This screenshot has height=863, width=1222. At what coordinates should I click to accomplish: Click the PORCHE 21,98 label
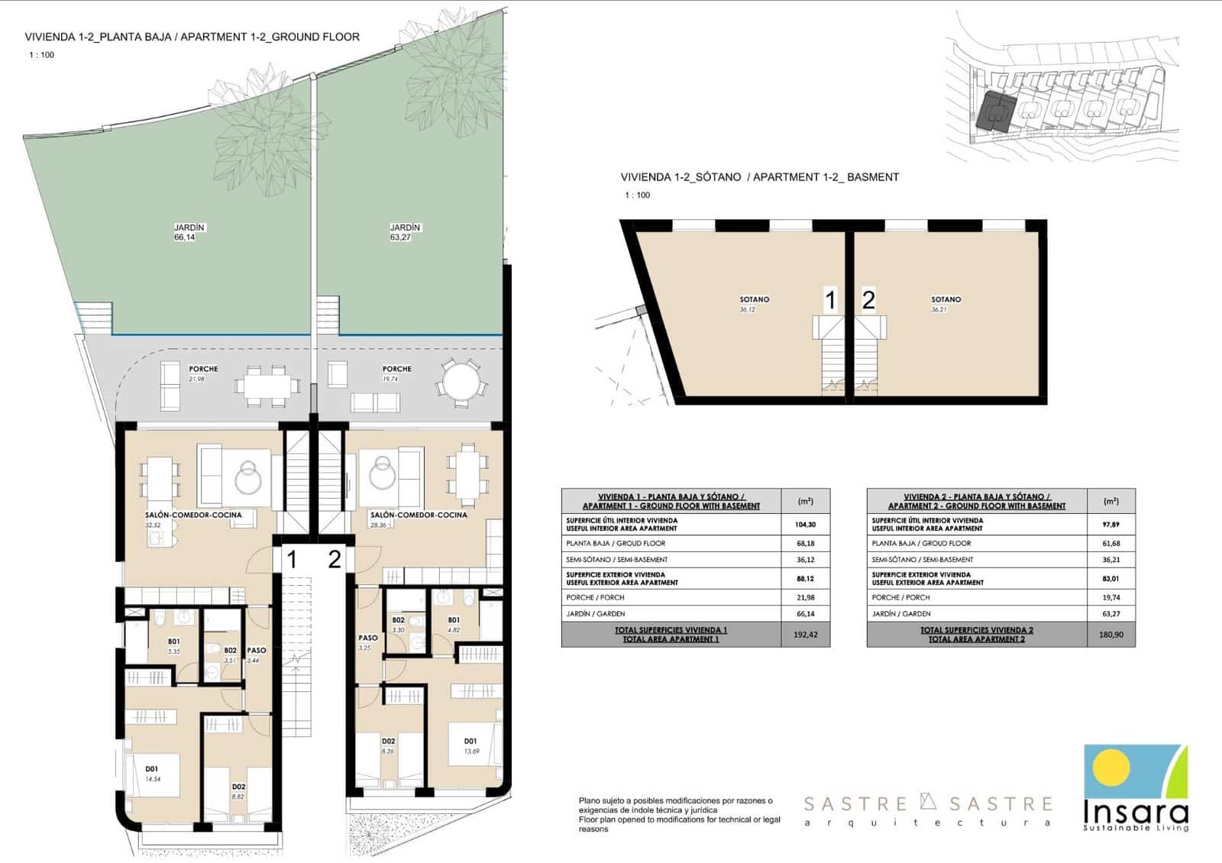(203, 373)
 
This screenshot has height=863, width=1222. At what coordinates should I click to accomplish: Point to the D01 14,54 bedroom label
(153, 774)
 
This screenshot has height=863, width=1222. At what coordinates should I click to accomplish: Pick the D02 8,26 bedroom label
(388, 745)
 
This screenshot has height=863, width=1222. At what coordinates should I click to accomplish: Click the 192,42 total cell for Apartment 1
(805, 635)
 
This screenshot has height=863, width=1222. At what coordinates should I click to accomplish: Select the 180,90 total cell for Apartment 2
(1111, 635)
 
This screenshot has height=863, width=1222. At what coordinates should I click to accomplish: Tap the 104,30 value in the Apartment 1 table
(805, 525)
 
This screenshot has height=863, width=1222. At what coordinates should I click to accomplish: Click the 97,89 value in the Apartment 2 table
(1111, 525)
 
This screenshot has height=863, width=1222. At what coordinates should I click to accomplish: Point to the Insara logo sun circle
(1111, 765)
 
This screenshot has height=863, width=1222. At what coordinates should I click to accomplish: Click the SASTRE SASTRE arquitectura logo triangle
(928, 801)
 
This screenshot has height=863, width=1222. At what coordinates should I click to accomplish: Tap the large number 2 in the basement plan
(868, 300)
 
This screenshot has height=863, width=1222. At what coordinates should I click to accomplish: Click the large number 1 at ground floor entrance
(292, 560)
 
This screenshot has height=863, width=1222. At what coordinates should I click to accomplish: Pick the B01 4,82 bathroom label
(454, 625)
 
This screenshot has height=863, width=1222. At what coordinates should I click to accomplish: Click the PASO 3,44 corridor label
(256, 655)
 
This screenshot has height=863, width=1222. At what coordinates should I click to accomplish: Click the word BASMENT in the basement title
(873, 177)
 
